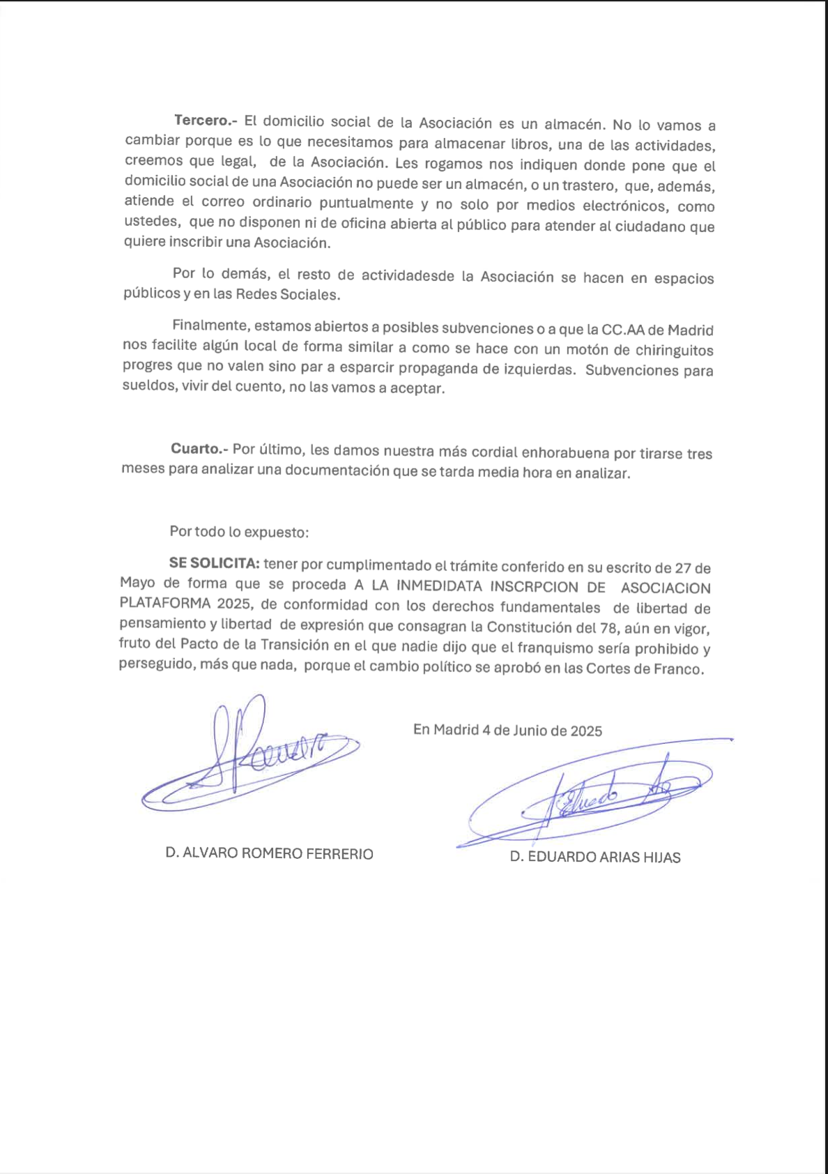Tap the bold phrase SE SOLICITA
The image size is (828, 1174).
pos(214,563)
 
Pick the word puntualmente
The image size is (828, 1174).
pos(366,204)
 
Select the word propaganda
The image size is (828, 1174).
pos(441,368)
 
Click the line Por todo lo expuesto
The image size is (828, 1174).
pos(239,532)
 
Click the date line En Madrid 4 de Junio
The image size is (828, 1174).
pos(507,731)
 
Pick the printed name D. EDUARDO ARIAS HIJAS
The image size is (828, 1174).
pos(595,857)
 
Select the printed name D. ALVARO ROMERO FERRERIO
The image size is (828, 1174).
pos(269,854)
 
